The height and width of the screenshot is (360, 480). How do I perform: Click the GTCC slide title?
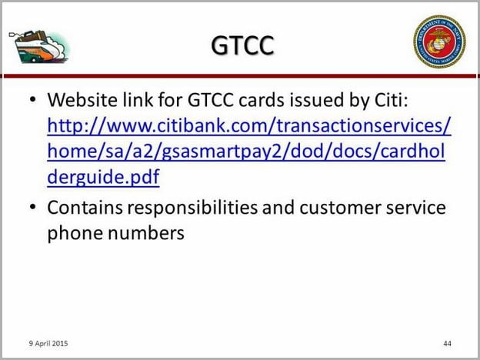click(242, 45)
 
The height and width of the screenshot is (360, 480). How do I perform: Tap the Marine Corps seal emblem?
click(439, 42)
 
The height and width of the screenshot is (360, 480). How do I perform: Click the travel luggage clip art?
click(39, 46)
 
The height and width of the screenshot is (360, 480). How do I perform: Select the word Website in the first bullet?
click(82, 99)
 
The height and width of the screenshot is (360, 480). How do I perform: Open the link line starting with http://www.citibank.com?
click(249, 126)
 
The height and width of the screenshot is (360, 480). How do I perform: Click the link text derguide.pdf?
click(104, 177)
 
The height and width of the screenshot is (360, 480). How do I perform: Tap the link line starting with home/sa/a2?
click(246, 152)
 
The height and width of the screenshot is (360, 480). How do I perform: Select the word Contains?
click(85, 208)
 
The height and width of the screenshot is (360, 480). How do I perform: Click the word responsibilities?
click(192, 208)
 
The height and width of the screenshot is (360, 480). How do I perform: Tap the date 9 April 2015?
click(48, 344)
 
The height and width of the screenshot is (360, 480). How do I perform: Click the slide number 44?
click(447, 344)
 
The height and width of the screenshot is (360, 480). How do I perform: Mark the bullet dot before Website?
click(33, 99)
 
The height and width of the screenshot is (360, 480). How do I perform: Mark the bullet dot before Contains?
click(33, 207)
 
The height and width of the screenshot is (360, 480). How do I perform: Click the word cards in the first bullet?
click(262, 99)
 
